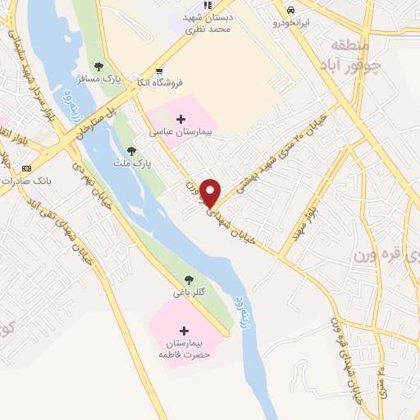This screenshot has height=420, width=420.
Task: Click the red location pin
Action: (x=211, y=193)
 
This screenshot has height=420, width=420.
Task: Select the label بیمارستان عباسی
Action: (x=180, y=131)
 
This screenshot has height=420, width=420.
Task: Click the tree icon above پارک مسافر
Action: (x=99, y=67)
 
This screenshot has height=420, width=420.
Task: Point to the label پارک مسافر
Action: (x=94, y=80)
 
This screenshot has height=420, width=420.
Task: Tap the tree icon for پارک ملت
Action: (x=131, y=151)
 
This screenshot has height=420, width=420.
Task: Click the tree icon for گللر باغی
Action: (x=189, y=280)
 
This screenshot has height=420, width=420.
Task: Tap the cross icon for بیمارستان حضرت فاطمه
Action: (x=183, y=330)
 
